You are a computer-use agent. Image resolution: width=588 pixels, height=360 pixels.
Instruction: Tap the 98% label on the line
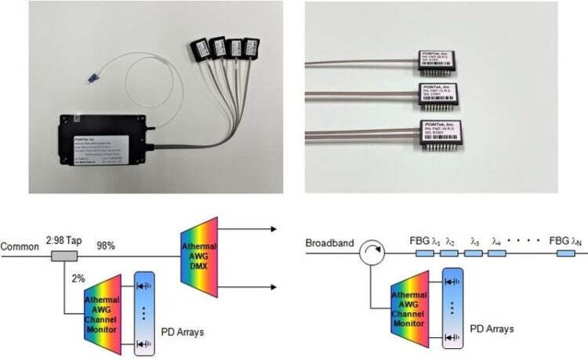pos(106,246)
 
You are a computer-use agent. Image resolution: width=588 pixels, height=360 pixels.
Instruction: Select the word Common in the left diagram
pos(19,245)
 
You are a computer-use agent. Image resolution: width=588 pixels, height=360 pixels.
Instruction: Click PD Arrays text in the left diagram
pos(184,333)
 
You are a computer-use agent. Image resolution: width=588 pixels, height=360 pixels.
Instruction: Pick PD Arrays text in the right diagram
pos(493,329)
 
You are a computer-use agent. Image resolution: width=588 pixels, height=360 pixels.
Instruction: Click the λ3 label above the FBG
pos(475,244)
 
